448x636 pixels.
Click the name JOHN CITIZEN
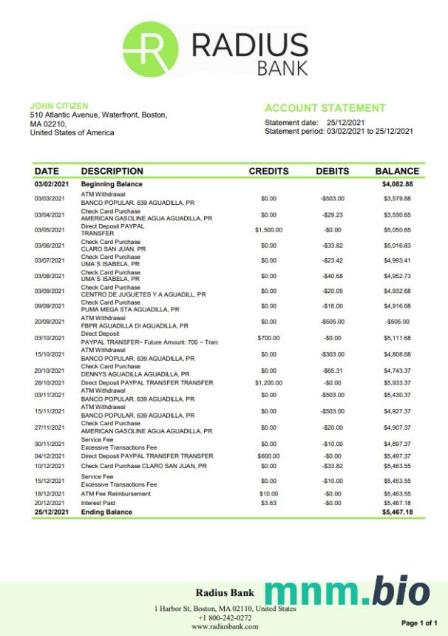[59, 106]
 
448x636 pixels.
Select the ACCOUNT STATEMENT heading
[325, 108]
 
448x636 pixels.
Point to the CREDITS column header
[268, 171]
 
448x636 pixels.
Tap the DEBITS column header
[332, 171]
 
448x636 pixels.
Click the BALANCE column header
[397, 171]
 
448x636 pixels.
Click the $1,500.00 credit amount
[268, 229]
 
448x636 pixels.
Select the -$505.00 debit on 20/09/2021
[332, 322]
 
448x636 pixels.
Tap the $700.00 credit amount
[268, 337]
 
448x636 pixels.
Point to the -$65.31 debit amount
[332, 371]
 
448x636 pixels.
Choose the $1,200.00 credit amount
[268, 383]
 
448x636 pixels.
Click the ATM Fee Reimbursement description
[115, 493]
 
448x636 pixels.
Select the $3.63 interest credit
[268, 503]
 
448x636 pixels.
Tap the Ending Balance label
[106, 512]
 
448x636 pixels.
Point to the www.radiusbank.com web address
[225, 626]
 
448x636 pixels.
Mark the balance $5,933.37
[397, 383]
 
